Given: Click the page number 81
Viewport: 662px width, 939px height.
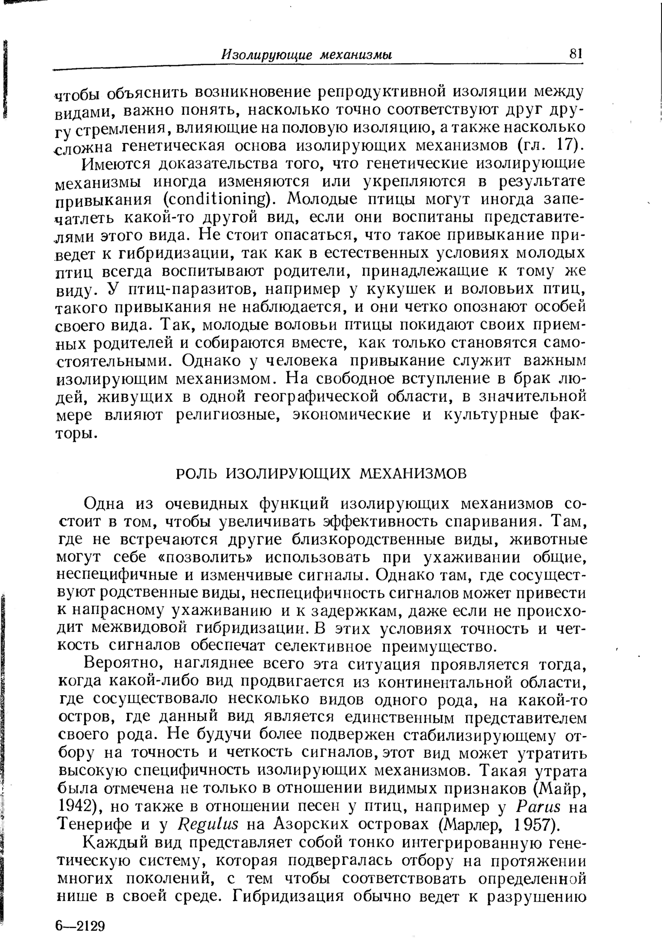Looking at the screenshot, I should [x=575, y=54].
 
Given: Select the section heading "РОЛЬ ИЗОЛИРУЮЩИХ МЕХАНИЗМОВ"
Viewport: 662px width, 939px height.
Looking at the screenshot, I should [x=321, y=473].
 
